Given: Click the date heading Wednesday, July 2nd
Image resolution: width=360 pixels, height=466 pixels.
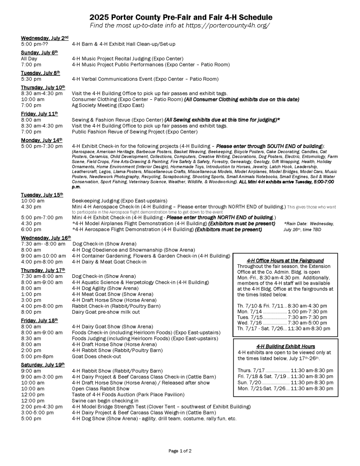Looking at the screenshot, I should pos(45,37).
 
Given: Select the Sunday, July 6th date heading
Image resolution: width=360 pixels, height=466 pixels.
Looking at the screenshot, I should pos(40,52).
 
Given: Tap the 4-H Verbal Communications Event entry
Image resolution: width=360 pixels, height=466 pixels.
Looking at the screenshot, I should pos(145,79).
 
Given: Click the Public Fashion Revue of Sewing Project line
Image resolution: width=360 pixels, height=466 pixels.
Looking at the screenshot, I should pos(135,132).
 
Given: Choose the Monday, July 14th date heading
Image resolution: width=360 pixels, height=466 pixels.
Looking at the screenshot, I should pos(41,140).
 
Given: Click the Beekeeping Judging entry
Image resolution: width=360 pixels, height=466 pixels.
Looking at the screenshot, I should pos(119,200).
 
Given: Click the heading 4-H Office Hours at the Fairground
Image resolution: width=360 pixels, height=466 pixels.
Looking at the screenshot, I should pos(285,261).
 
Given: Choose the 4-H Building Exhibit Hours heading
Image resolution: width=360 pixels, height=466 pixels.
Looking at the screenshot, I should pos(285,346).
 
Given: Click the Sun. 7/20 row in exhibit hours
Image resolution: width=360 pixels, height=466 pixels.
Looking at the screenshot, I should pos(285,382).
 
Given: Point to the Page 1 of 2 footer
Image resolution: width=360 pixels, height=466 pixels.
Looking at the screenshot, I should pos(180,451).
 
